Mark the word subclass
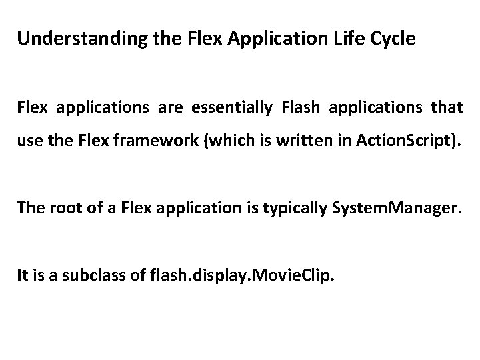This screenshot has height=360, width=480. coord(93,275)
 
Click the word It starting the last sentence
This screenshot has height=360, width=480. coord(23,275)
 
